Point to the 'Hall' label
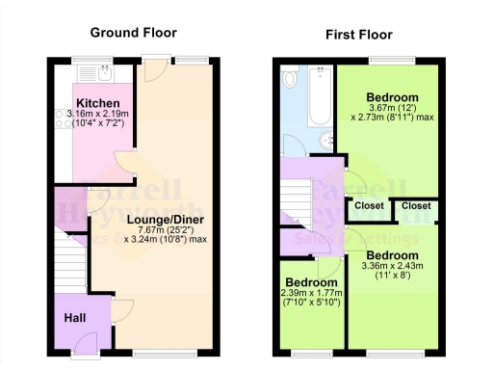[75, 317]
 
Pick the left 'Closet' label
[369, 205]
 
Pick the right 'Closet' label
[416, 205]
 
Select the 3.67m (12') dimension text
[392, 109]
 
